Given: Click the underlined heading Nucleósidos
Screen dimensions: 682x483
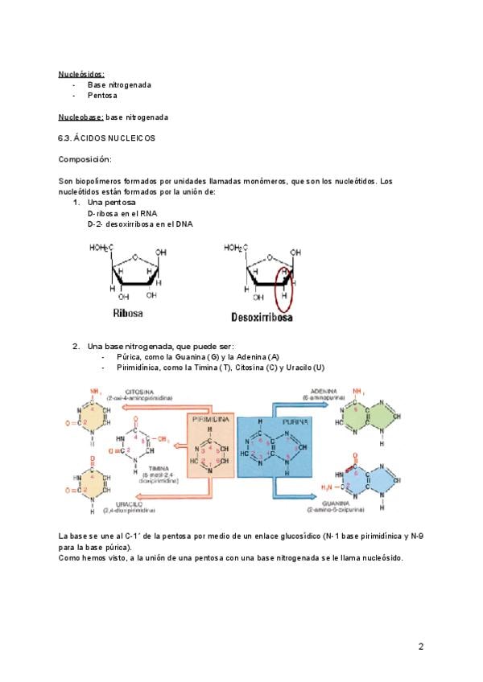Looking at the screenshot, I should [81, 74].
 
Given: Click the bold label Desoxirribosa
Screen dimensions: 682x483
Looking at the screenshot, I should [262, 316].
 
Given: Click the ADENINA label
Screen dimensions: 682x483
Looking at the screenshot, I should [320, 392].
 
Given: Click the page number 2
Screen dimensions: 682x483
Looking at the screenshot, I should [420, 646].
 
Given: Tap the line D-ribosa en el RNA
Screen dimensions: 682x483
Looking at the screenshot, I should [122, 215].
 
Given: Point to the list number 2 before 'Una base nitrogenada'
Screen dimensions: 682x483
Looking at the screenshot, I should [76, 346].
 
